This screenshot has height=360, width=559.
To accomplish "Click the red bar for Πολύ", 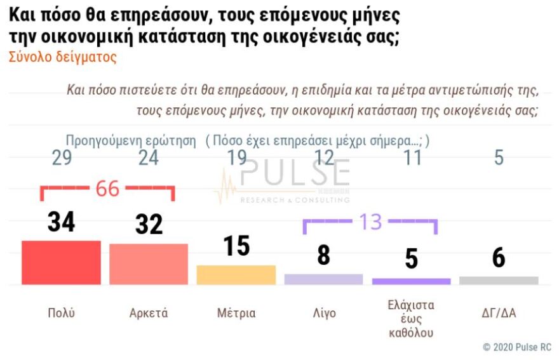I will point(61,262).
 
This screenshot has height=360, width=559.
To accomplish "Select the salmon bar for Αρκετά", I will point(149,264).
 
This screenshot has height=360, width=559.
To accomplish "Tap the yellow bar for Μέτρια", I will point(236,274).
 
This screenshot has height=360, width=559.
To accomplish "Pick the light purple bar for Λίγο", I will point(323,279).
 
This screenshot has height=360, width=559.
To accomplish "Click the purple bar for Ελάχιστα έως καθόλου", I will point(411,281).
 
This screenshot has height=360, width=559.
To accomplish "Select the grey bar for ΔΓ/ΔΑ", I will point(499,280).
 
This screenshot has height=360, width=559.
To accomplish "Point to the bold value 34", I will point(61,222).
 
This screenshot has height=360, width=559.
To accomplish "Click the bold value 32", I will point(149,225).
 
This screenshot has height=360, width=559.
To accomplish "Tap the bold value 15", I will point(236,246).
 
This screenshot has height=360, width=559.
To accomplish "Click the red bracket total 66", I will point(107,189).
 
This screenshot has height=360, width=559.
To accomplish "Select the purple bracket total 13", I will point(370,222).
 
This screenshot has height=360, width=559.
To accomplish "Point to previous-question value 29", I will point(61,158).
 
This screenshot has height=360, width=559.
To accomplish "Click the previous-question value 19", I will point(236,158).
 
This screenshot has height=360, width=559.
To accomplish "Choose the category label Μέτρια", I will point(236,313).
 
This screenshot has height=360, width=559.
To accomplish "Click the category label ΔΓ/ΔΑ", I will point(499,313).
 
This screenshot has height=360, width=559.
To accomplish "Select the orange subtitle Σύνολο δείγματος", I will point(63,57).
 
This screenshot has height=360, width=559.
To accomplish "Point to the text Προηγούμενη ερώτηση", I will point(131,140).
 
